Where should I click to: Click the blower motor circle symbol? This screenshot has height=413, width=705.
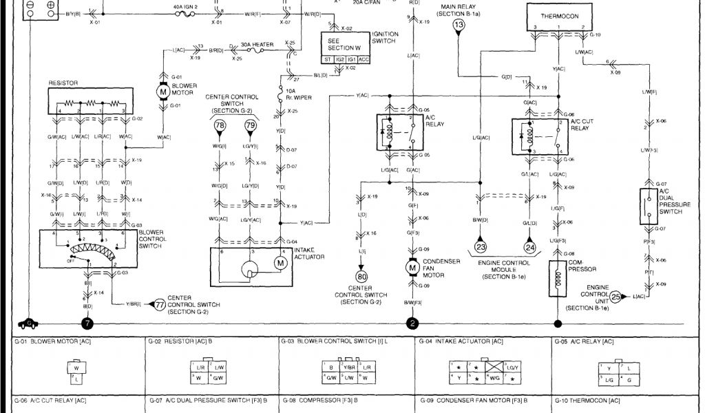pos(164,91)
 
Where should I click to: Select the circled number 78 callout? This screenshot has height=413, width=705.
pos(220,126)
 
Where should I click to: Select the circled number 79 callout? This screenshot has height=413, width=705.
pos(251,126)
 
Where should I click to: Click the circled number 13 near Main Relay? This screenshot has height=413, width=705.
pos(459,25)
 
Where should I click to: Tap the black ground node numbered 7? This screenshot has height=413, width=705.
pos(87,322)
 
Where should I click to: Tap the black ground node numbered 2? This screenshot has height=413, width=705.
pos(413,322)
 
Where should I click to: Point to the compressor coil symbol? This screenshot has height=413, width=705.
pos(556,278)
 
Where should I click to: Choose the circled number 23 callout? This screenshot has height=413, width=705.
pos(481,247)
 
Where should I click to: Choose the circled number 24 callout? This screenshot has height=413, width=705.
pos(530,247)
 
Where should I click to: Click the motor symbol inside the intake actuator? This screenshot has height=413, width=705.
pos(280,262)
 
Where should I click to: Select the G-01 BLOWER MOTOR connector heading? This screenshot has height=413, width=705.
pos(48,341)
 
